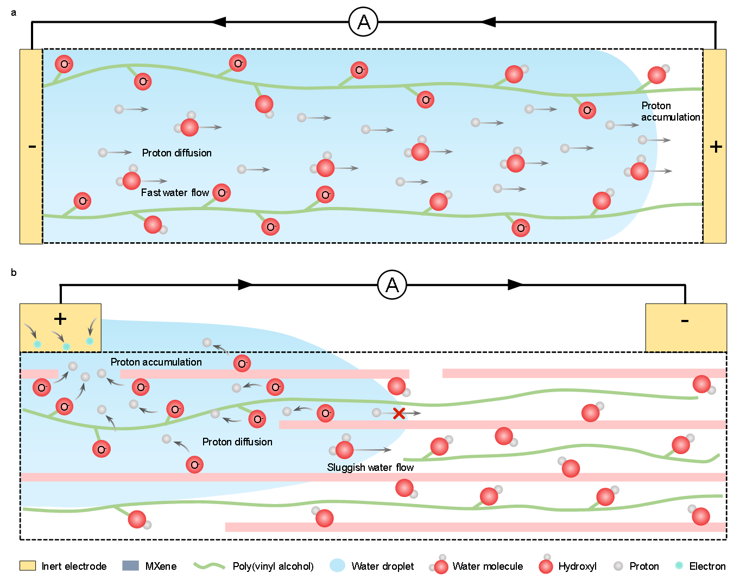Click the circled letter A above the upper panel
(364, 22)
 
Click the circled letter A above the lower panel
(392, 285)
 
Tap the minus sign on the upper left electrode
(32, 146)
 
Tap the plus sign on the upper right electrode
(716, 146)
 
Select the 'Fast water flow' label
(175, 193)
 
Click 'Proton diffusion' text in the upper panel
(177, 153)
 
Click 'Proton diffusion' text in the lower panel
(237, 442)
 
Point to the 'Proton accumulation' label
(156, 362)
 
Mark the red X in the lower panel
(399, 413)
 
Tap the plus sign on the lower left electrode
(60, 319)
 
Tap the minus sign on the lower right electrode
(685, 321)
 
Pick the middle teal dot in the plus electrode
(66, 346)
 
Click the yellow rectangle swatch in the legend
(28, 565)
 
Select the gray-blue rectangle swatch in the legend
(130, 565)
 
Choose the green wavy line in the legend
(210, 565)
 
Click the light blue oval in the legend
(337, 565)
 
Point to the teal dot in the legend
(679, 565)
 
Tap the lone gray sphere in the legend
(618, 566)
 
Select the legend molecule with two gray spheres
(440, 565)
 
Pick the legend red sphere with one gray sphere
(546, 565)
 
